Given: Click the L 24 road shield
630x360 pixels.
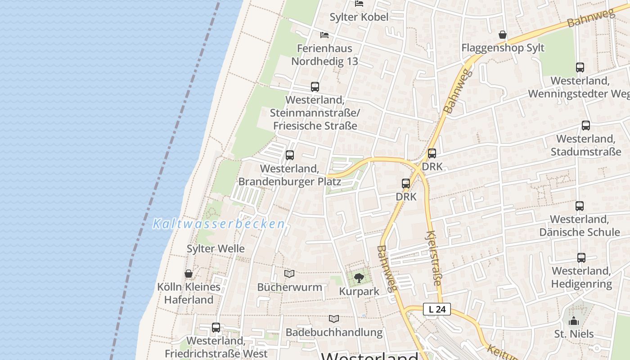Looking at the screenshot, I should click(x=437, y=309).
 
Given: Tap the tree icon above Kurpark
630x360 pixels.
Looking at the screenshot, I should click(x=359, y=278).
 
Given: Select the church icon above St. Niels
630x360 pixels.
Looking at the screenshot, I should click(x=573, y=321).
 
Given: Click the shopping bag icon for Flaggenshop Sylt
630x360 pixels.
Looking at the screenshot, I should click(x=503, y=35).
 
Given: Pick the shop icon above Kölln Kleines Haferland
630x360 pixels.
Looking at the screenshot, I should click(x=189, y=274).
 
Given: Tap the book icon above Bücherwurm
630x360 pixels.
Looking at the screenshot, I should click(x=289, y=274).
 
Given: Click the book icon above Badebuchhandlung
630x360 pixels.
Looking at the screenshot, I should click(x=333, y=319).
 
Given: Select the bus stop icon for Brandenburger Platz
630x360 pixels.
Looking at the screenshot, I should click(x=290, y=155).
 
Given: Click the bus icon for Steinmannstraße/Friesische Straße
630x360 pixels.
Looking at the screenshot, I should click(x=315, y=87).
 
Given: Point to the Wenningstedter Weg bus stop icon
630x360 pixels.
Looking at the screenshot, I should click(x=580, y=67).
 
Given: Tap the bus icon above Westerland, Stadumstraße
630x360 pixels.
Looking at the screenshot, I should click(x=585, y=126).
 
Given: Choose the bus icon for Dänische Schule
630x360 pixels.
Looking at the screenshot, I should click(x=580, y=206).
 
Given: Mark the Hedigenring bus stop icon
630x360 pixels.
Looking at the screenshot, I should click(x=581, y=258).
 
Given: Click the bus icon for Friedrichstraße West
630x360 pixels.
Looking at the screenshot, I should click(x=216, y=328).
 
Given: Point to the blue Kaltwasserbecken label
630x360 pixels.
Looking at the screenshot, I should click(x=219, y=224).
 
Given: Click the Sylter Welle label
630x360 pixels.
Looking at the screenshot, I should click(x=216, y=248).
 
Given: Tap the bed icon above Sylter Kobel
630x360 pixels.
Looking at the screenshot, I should click(x=359, y=4).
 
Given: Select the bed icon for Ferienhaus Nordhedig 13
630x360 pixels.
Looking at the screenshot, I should click(x=324, y=35).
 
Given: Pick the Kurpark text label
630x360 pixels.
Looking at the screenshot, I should click(x=359, y=292).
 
